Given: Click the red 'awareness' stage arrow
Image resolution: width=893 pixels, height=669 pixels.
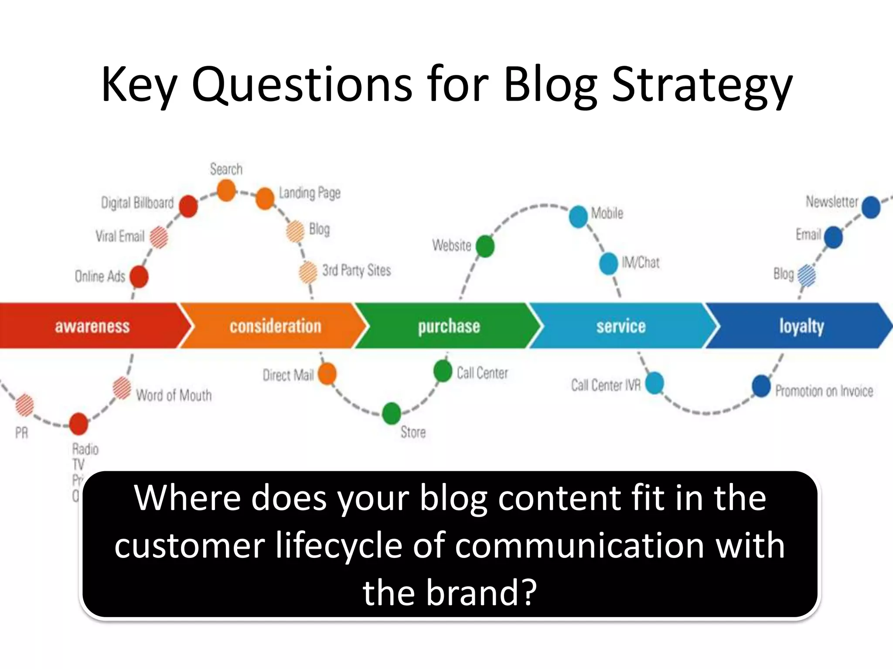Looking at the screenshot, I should (x=92, y=326).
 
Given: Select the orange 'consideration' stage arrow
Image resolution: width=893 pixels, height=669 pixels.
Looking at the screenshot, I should (x=275, y=326).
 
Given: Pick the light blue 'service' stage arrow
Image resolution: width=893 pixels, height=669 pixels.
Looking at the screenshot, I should (x=621, y=326).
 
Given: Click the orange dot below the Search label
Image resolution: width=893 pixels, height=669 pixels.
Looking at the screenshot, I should (x=226, y=191).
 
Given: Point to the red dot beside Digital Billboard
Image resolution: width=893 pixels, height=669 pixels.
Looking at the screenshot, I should (x=188, y=206).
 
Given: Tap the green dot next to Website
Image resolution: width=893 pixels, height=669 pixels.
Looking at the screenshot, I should (x=485, y=247).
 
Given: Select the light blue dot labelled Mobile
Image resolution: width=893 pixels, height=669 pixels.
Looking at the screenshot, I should (x=579, y=216).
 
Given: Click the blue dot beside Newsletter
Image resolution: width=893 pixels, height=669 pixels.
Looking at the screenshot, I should (x=871, y=207).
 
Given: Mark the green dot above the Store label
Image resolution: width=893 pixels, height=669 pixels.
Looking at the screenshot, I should (x=391, y=413).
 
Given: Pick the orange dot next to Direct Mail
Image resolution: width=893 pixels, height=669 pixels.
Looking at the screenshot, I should (x=327, y=374).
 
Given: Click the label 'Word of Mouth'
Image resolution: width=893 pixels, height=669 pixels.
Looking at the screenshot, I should (x=174, y=395).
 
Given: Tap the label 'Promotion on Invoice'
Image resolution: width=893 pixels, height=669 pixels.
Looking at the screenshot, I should (x=824, y=391).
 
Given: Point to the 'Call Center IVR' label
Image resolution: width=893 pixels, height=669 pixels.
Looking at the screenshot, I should (x=606, y=385).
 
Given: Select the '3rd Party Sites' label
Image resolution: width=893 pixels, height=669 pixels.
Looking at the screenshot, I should (x=356, y=270).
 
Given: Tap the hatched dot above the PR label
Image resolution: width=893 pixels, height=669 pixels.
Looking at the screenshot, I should (x=24, y=405).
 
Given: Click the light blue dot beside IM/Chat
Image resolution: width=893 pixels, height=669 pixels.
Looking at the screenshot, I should (x=609, y=264).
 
